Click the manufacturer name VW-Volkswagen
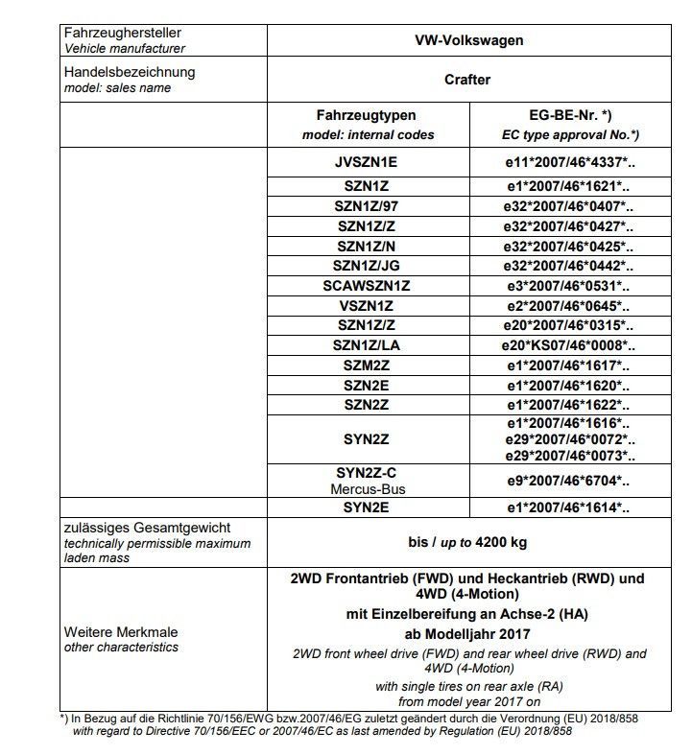(468, 41)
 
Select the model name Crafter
(467, 80)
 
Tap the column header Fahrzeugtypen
(367, 115)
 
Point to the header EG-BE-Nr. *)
(570, 115)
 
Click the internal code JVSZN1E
(366, 163)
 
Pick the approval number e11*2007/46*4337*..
(570, 163)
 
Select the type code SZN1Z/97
(366, 206)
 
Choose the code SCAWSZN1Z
(366, 285)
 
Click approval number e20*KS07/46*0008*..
(570, 345)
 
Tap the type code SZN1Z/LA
(366, 345)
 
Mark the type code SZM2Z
(366, 366)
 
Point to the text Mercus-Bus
(366, 489)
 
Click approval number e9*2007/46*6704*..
(570, 481)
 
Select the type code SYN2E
(366, 507)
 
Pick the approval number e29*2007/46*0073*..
(570, 455)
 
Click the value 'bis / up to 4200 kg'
(467, 542)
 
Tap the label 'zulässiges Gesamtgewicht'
(147, 528)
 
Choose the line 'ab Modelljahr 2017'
(467, 633)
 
